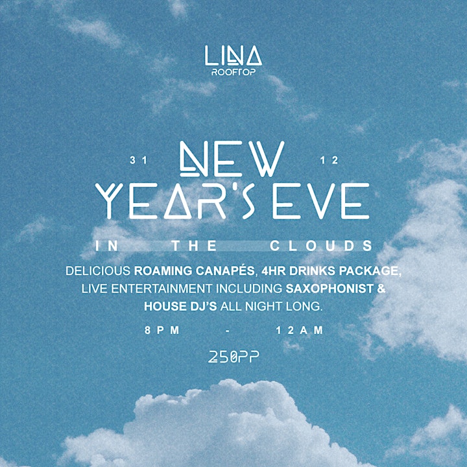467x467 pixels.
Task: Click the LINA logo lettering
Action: pos(233,55)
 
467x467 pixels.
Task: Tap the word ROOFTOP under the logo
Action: pos(233,72)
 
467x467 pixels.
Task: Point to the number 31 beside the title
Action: pos(139,160)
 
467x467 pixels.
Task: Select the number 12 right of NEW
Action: pos(329,160)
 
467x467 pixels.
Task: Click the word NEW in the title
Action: pos(232,159)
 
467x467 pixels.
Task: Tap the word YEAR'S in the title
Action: pos(175,201)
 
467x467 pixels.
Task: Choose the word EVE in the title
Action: pos(321,201)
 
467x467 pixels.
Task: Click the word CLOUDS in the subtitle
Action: pos(321,246)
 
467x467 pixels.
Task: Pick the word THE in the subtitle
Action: pos(194,246)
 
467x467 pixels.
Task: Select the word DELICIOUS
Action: pos(98,270)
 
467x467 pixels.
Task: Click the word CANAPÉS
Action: pos(225,270)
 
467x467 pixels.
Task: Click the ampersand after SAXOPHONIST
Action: pos(381,289)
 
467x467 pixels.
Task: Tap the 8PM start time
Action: pos(162,330)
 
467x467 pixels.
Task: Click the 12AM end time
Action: pos(300,330)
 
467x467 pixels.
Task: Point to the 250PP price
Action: pos(233,357)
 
